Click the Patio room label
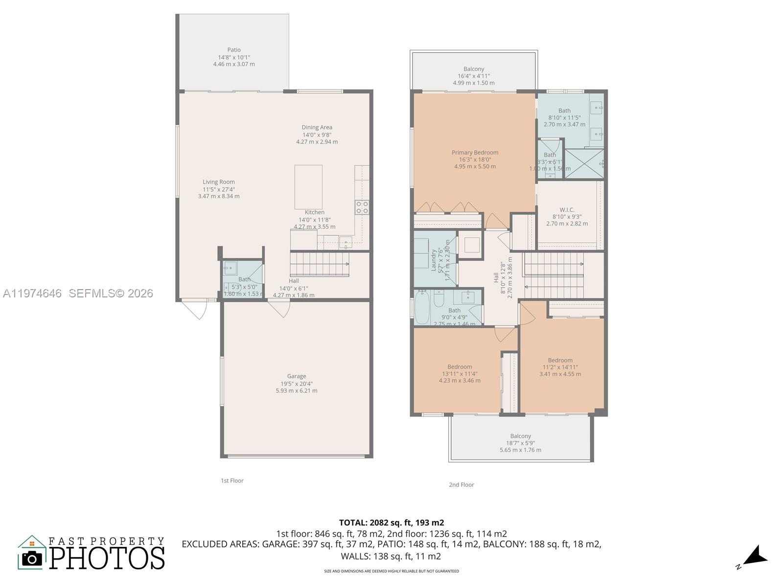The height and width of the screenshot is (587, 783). tap(234, 50)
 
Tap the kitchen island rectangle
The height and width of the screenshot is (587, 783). tap(308, 187)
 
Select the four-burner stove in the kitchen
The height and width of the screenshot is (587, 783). tap(362, 207)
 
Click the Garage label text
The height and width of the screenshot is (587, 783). tap(297, 376)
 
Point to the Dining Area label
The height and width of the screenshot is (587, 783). tap(317, 128)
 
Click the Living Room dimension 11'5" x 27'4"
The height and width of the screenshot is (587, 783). tap(219, 189)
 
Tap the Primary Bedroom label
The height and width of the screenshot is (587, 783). tap(475, 153)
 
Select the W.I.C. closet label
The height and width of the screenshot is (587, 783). tap(567, 210)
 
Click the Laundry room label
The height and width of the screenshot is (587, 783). tap(434, 260)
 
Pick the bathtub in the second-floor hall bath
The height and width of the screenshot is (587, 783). tap(422, 307)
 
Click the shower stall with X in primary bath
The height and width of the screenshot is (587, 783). tap(584, 164)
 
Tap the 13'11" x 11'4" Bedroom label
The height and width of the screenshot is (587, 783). tap(460, 367)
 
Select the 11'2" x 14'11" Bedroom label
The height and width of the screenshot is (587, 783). tap(560, 361)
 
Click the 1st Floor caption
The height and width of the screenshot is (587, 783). tap(232, 481)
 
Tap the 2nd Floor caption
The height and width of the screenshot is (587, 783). tap(461, 485)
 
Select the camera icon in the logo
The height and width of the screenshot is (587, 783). tap(32, 558)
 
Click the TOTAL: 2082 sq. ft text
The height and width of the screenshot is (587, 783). tap(391, 523)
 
